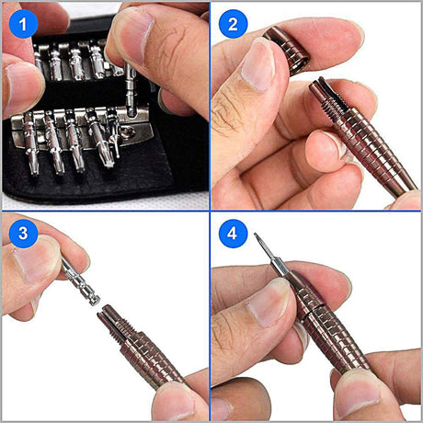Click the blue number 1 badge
tap(21, 21)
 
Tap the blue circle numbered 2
tap(233, 23)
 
